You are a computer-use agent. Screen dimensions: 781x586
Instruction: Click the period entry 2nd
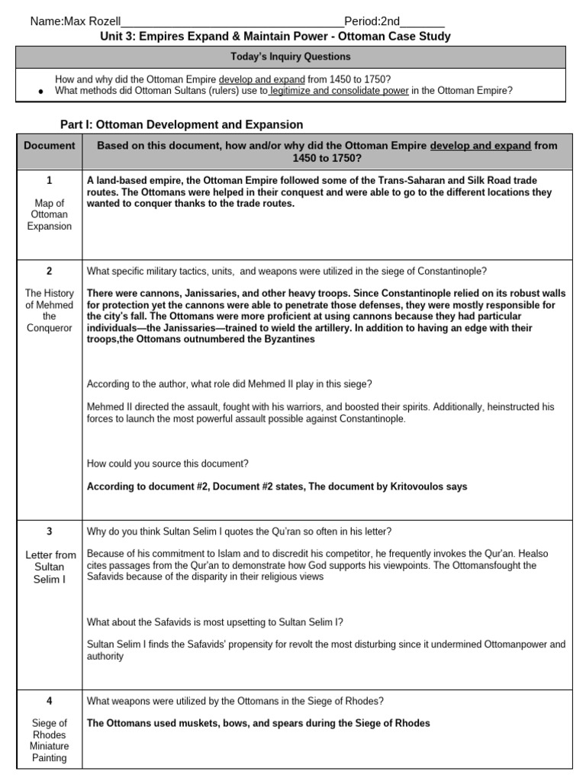(x=389, y=21)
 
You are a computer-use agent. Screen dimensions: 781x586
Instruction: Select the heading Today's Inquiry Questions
(x=291, y=56)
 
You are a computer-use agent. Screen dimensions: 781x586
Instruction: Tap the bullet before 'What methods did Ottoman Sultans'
(x=40, y=91)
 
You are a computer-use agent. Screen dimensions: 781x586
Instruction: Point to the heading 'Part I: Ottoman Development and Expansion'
(x=182, y=124)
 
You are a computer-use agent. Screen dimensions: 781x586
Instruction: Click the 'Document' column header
(x=49, y=145)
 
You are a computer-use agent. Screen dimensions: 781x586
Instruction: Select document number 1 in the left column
(x=49, y=181)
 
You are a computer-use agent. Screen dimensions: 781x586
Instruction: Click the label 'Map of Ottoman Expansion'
(x=49, y=214)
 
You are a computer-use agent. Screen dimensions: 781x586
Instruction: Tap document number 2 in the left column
(x=49, y=270)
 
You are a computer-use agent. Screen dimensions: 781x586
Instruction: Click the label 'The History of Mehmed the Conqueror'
(x=49, y=310)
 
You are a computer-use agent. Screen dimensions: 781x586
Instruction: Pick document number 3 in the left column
(x=49, y=531)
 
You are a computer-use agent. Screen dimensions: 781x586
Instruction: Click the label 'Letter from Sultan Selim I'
(x=49, y=567)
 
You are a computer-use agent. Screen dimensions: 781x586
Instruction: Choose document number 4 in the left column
(x=49, y=701)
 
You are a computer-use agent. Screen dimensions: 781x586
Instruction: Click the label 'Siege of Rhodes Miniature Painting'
(x=49, y=740)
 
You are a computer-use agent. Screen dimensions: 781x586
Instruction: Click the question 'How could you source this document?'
(x=167, y=463)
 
